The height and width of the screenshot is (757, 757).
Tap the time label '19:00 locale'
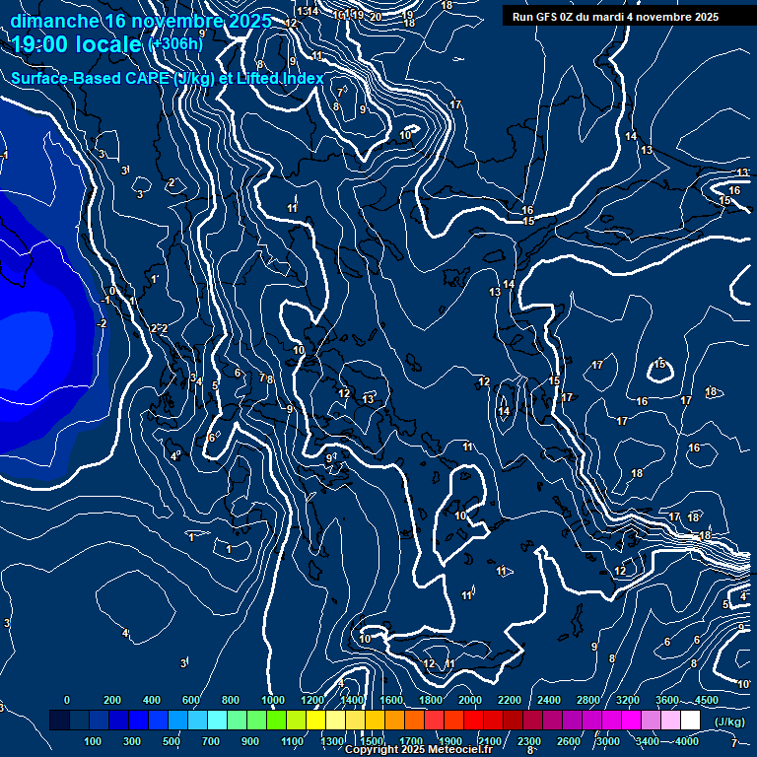point(77,45)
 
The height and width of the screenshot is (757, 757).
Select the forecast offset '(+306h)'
point(175,45)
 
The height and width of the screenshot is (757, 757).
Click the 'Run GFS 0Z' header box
point(615,17)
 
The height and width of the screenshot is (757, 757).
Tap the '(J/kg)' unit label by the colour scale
point(730,723)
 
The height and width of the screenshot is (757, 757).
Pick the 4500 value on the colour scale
point(706,700)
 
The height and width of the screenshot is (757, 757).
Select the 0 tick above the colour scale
point(66,700)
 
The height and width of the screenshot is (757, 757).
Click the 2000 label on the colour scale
point(469,700)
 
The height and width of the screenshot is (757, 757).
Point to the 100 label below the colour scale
point(94,741)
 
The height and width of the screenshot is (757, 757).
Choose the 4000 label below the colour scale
point(687,741)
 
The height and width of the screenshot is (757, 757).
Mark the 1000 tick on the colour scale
point(272,700)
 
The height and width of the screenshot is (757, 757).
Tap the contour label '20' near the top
point(376,17)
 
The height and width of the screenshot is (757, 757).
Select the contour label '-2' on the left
point(101,323)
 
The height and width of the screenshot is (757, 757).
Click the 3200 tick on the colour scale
point(627,700)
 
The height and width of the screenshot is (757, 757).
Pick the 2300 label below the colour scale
point(528,741)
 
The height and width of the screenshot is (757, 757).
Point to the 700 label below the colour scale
point(211,741)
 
